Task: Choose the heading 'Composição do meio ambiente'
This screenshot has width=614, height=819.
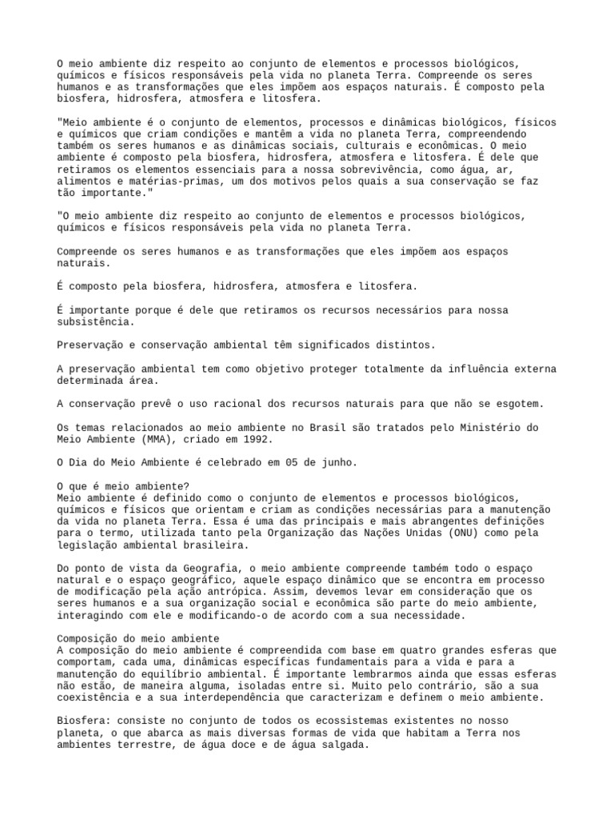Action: pos(138,638)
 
